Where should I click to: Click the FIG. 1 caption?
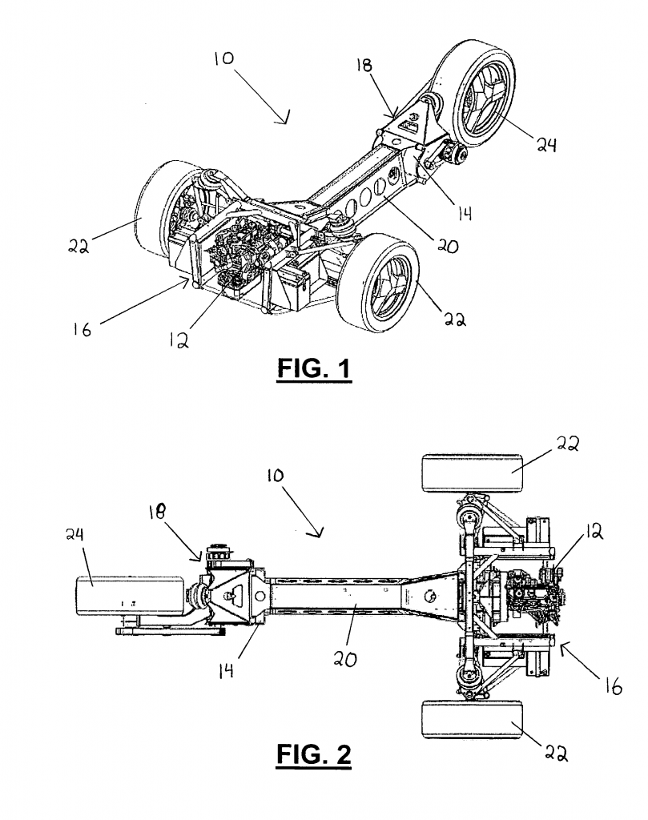click(314, 368)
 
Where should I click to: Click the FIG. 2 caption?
click(314, 754)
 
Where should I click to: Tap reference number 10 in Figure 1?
click(224, 58)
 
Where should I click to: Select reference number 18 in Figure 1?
click(364, 65)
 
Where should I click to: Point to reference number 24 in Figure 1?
click(546, 144)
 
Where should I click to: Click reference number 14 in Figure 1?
click(465, 213)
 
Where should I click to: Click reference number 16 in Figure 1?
click(83, 329)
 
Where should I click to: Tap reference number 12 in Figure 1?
click(179, 340)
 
